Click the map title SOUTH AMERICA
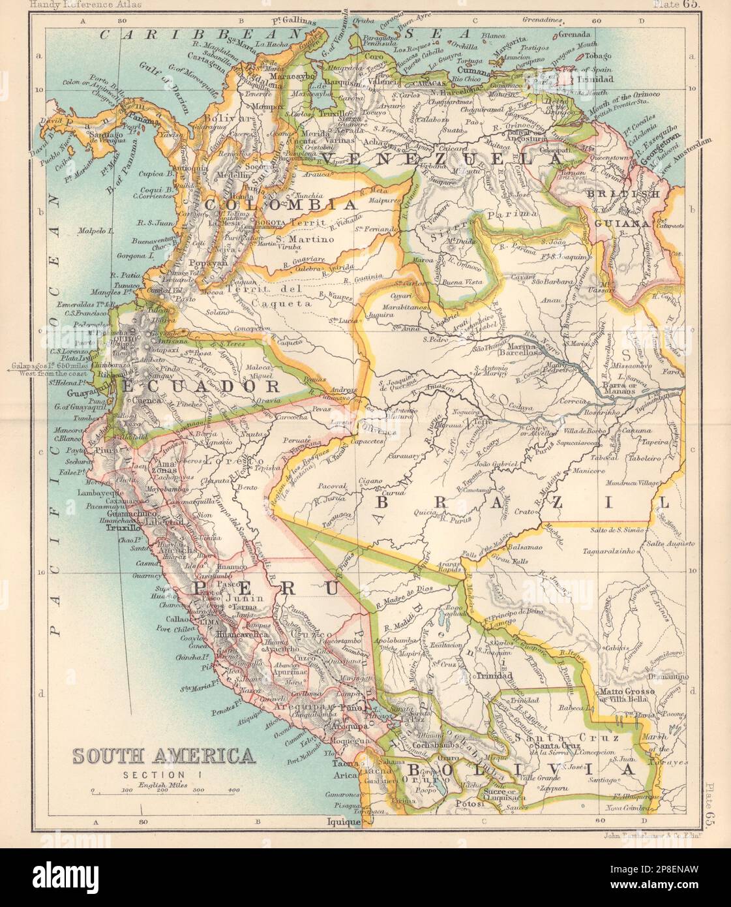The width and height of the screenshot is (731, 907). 164,756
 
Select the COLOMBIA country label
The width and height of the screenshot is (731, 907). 282,204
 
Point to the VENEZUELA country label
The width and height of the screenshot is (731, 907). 442,159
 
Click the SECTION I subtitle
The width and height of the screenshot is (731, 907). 164,775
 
